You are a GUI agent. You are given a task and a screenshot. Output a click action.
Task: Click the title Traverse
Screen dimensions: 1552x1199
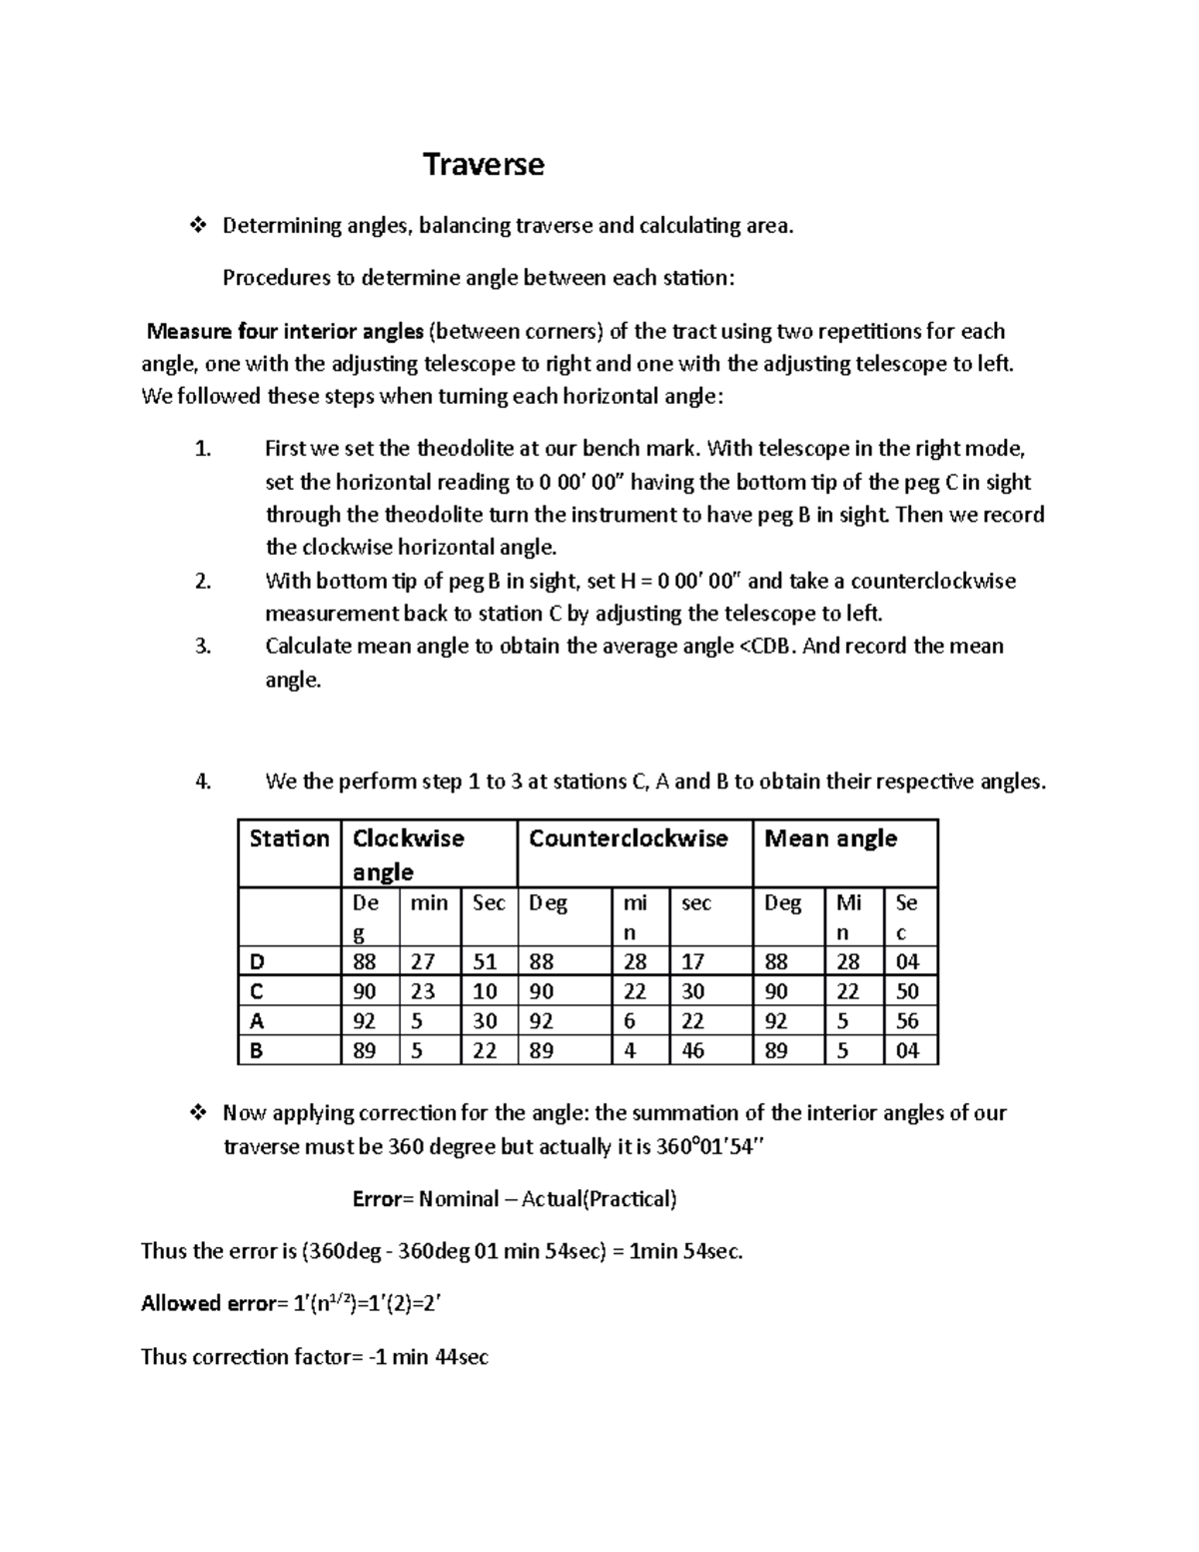(484, 164)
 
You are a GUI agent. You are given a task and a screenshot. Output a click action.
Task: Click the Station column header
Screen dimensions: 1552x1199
(289, 838)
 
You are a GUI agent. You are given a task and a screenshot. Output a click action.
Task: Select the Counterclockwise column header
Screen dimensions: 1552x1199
(627, 838)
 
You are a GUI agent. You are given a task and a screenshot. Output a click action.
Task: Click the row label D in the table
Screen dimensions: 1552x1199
(258, 961)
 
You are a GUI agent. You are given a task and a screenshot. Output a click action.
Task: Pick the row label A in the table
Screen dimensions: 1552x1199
(258, 1021)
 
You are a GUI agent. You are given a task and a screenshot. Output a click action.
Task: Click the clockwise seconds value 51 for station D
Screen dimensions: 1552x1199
(485, 961)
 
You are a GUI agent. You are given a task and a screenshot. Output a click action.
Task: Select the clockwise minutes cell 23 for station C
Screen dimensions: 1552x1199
(423, 991)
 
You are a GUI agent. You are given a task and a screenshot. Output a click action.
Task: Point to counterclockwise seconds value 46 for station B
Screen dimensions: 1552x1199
(692, 1050)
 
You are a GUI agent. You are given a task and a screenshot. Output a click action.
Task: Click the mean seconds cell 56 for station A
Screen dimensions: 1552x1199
(907, 1021)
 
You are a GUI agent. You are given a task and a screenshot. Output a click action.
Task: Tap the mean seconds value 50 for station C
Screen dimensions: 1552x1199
(907, 991)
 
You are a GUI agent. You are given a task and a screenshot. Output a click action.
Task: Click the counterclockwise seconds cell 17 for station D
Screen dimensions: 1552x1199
(692, 961)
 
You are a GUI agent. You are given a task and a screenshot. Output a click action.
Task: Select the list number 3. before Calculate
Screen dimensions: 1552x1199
(203, 647)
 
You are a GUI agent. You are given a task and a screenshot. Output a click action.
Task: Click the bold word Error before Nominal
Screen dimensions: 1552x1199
(377, 1199)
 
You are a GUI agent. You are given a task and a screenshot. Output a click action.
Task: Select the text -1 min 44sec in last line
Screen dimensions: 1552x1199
(426, 1357)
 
